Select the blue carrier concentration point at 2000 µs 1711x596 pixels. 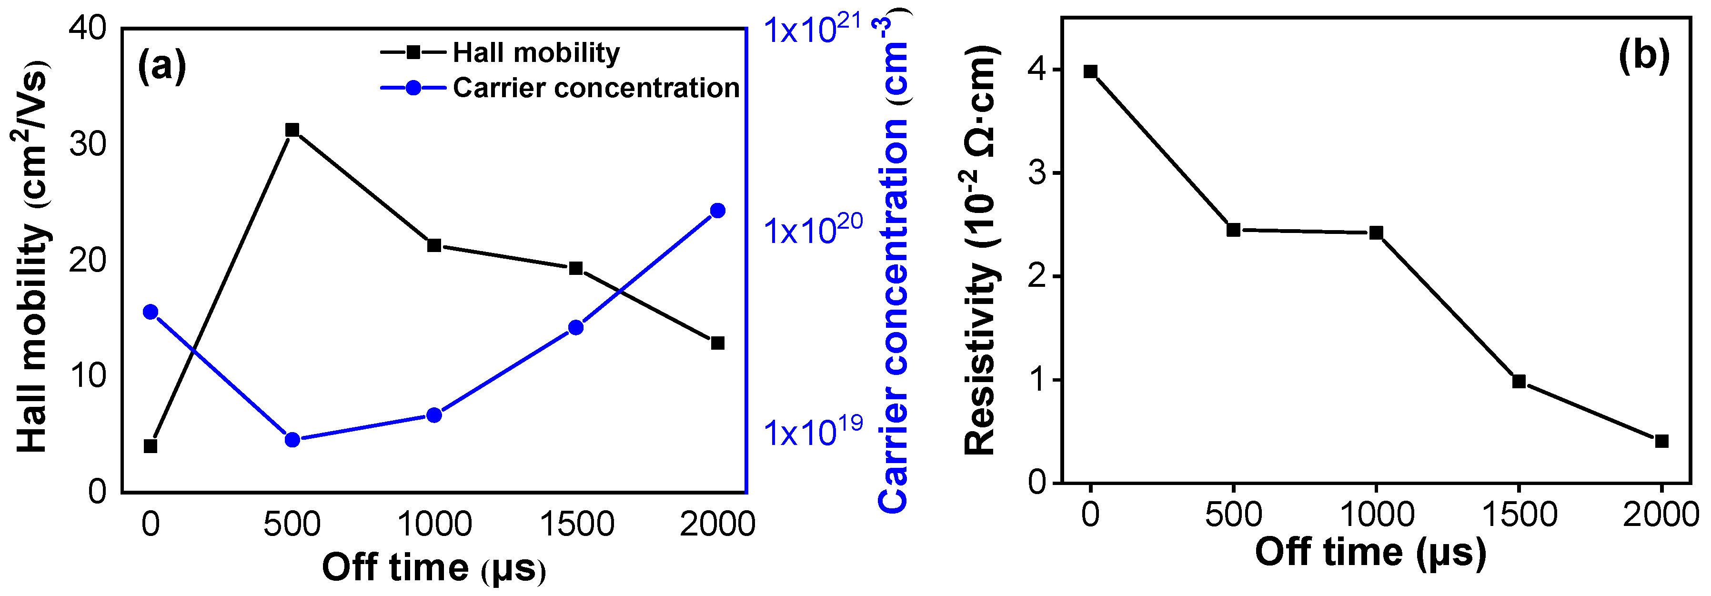[717, 211]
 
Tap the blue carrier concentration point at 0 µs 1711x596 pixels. [151, 312]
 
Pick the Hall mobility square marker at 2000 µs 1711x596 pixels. [717, 343]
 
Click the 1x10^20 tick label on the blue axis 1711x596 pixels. [812, 230]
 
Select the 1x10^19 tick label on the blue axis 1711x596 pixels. [812, 432]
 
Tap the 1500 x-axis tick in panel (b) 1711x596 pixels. [1519, 515]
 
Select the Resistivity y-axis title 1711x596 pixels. [982, 251]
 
